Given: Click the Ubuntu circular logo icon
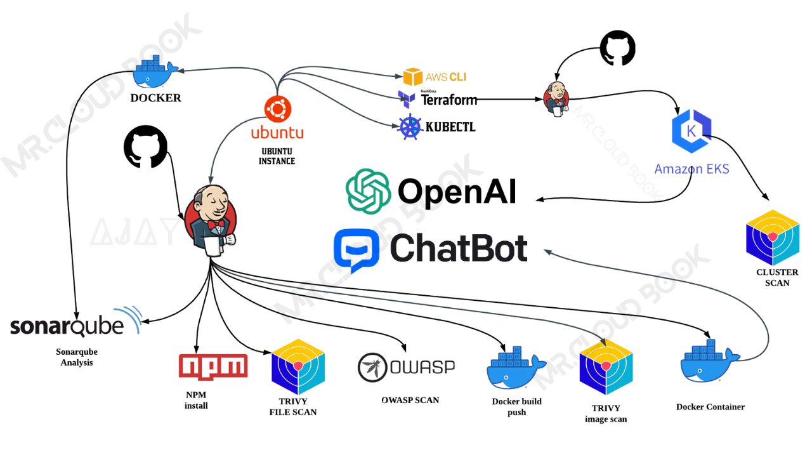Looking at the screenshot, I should click(277, 109).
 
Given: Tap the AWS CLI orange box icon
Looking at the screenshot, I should click(413, 77).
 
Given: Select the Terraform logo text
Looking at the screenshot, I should click(449, 100).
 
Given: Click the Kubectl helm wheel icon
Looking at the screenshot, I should click(410, 127).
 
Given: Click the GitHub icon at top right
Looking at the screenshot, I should click(618, 48).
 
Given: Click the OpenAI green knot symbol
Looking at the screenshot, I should click(367, 191).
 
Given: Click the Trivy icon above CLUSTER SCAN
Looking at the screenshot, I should click(772, 238).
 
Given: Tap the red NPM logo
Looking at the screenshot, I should click(213, 366).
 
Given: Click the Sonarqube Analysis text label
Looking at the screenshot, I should click(77, 357).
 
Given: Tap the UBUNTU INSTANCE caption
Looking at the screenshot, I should click(277, 156).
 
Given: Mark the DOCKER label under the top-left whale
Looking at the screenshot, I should click(155, 98).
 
